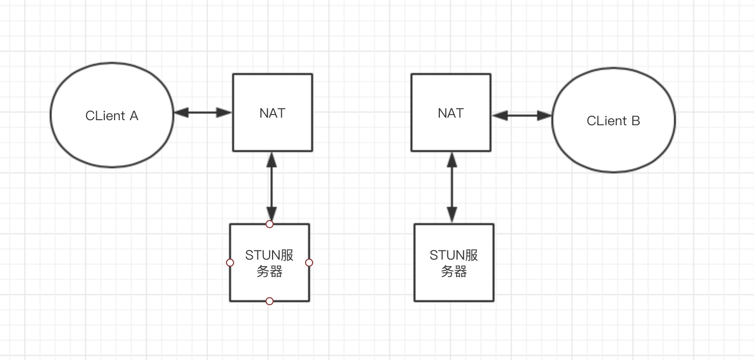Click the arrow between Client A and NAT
[x=203, y=113]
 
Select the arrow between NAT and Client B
[x=522, y=116]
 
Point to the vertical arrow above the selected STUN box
[x=272, y=188]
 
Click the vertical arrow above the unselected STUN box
[x=451, y=188]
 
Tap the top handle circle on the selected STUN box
[x=270, y=224]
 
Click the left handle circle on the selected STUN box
[x=230, y=263]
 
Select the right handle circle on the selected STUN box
[x=309, y=263]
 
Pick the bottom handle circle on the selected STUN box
[x=270, y=301]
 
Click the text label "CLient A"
[x=111, y=116]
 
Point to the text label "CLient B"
[x=613, y=121]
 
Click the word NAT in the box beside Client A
[x=272, y=113]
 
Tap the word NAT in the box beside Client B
[x=450, y=113]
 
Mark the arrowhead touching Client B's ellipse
[x=545, y=116]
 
